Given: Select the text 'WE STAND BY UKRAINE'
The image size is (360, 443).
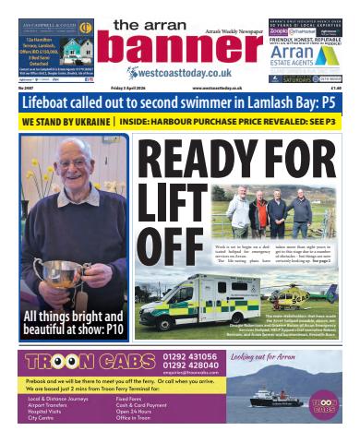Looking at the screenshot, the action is click(63, 121).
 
